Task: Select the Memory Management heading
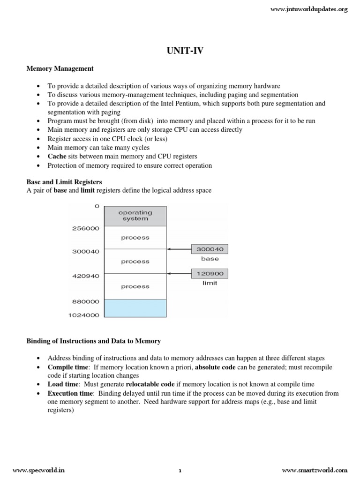coord(60,68)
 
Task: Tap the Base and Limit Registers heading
coord(64,181)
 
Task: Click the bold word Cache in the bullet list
coord(57,156)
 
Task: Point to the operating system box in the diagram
coord(135,216)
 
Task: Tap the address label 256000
coord(85,228)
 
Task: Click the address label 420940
coord(85,276)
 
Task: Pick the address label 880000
coord(85,302)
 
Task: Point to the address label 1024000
coord(83,315)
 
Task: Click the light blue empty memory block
coord(135,308)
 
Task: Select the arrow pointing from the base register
coord(179,249)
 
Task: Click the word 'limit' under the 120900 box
coord(210,284)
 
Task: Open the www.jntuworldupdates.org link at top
coord(310,9)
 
